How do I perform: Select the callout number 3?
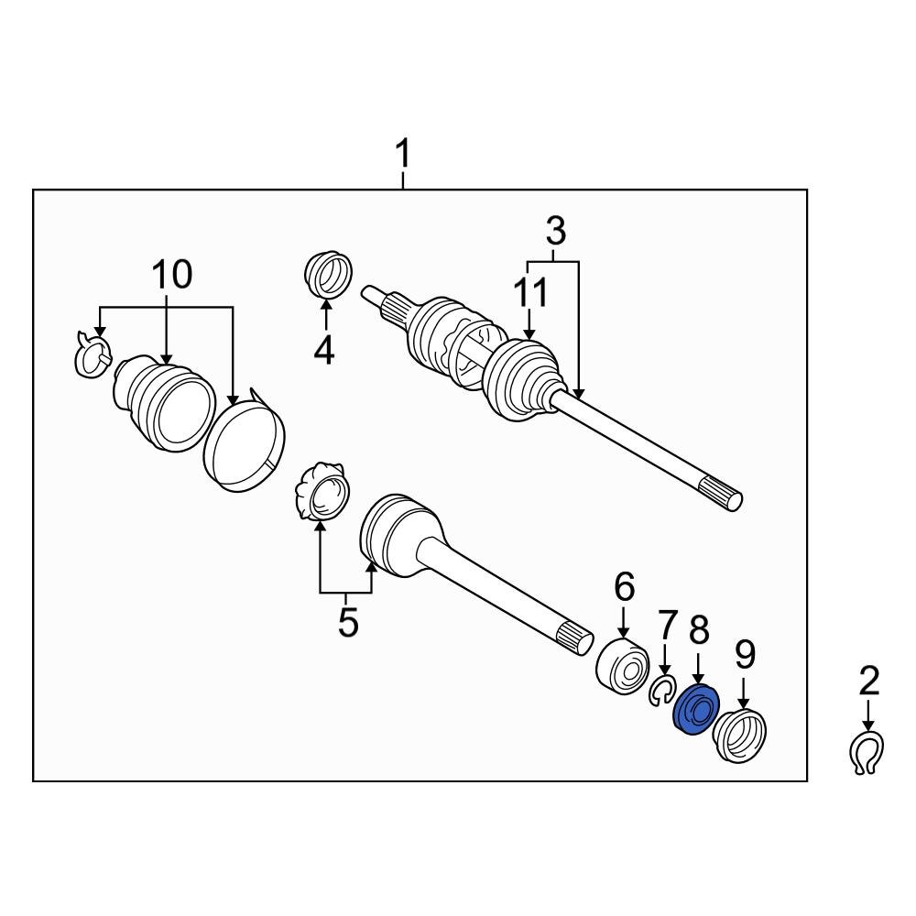point(555,232)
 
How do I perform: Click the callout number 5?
point(346,622)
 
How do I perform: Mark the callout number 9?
point(744,654)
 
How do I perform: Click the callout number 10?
point(171,274)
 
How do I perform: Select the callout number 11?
point(530,294)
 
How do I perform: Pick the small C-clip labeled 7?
point(661,692)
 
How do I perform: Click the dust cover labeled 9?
point(740,734)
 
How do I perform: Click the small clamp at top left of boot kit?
point(91,354)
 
